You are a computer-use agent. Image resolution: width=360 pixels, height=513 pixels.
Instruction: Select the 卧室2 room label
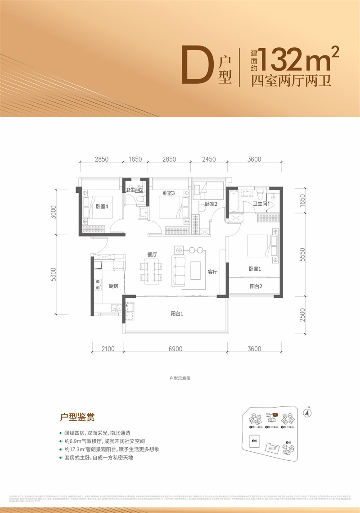click(211, 204)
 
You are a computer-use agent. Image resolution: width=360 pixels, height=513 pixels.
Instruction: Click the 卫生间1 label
click(261, 204)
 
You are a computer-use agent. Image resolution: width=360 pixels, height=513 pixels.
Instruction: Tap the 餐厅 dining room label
click(151, 254)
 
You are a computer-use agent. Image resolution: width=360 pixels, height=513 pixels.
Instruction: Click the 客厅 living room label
click(213, 272)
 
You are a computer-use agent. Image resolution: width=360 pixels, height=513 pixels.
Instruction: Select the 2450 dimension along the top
click(209, 159)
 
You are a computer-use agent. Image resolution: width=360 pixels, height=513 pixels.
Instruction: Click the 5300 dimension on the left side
click(54, 275)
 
